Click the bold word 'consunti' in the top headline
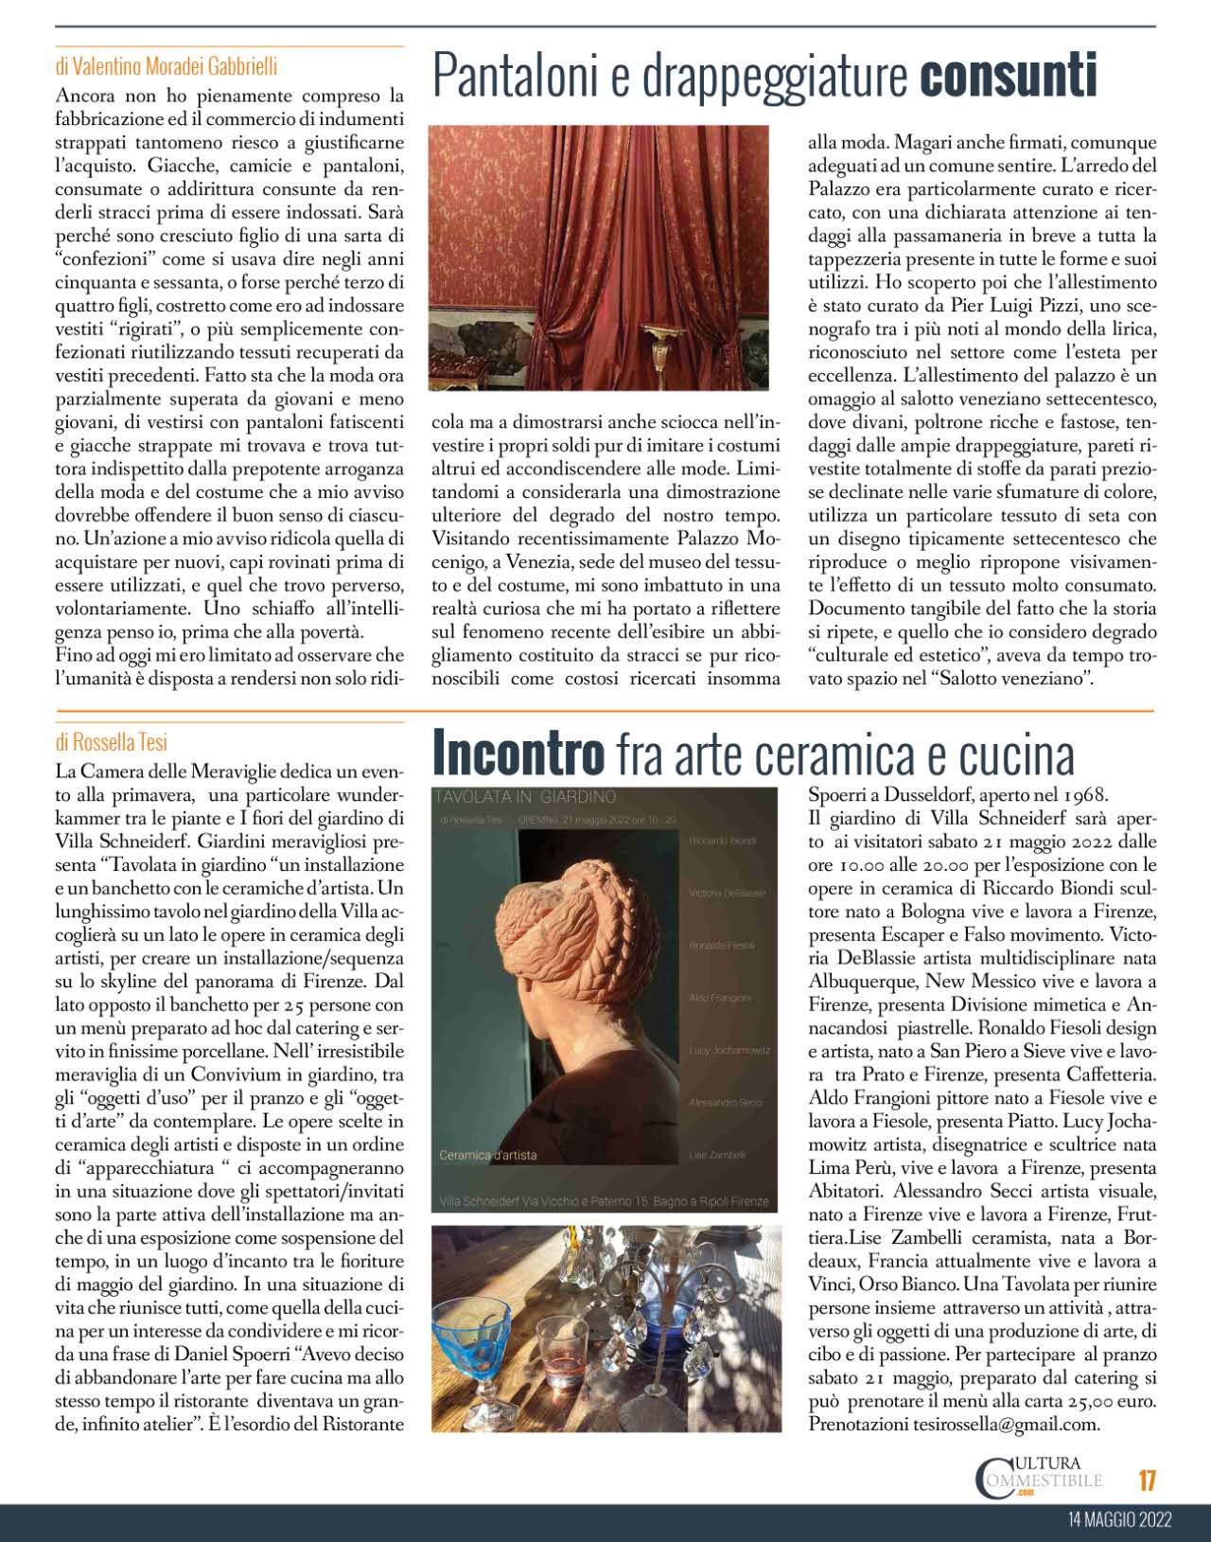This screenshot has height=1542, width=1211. pyautogui.click(x=1008, y=77)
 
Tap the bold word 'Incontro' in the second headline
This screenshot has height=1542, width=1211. pyautogui.click(x=518, y=754)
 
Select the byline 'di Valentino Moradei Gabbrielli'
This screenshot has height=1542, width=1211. pyautogui.click(x=167, y=67)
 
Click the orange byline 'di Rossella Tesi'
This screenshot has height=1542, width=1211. pyautogui.click(x=112, y=743)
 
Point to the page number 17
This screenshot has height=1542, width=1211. pyautogui.click(x=1148, y=1480)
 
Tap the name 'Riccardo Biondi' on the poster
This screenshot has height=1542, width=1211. pyautogui.click(x=723, y=841)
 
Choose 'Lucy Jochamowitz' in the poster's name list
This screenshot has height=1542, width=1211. pyautogui.click(x=729, y=1051)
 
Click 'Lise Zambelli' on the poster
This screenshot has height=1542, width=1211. pyautogui.click(x=717, y=1155)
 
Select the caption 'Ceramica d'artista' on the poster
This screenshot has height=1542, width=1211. pyautogui.click(x=488, y=1155)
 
